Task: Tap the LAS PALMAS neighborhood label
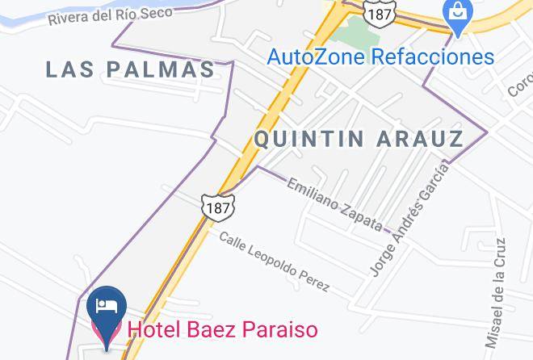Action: point(130,69)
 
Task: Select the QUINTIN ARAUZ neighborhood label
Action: point(359,139)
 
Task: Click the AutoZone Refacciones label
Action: point(380,57)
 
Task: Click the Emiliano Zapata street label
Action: point(335,203)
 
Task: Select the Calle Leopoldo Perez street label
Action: point(275,260)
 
